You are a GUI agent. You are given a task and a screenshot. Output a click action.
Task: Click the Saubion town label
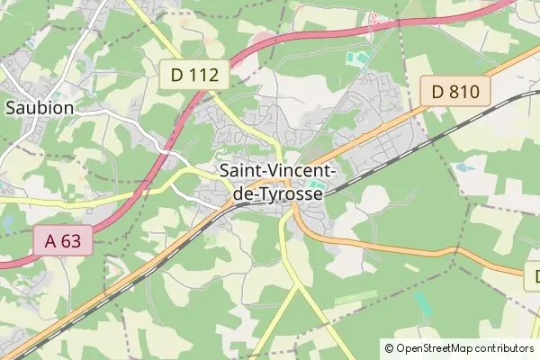pyautogui.click(x=40, y=107)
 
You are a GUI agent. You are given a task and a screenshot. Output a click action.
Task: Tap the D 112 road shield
pyautogui.click(x=193, y=76)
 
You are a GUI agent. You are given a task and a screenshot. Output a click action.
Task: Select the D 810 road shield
pyautogui.click(x=455, y=90)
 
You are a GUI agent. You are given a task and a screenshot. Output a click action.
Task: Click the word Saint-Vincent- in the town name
pyautogui.click(x=278, y=170)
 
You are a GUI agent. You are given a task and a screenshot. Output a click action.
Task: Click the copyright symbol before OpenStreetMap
pyautogui.click(x=390, y=348)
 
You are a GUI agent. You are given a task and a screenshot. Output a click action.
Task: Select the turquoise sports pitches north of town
pyautogui.click(x=357, y=58)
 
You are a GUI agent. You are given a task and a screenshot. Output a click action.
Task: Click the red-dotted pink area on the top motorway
pyautogui.click(x=373, y=18)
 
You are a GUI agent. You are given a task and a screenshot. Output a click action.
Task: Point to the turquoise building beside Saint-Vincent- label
pyautogui.click(x=316, y=184)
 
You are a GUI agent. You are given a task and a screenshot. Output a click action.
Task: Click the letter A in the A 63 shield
pyautogui.click(x=49, y=239)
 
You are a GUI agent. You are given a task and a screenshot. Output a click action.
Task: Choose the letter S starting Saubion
pyautogui.click(x=11, y=107)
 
